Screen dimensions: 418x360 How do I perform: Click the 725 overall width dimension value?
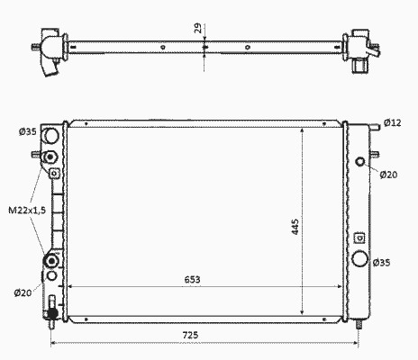(x=190, y=335)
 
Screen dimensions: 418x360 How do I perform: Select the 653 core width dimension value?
(x=192, y=280)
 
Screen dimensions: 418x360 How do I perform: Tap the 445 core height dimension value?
(x=295, y=227)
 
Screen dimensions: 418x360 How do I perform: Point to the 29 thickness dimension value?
(x=198, y=28)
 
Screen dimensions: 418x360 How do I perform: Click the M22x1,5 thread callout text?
(x=27, y=210)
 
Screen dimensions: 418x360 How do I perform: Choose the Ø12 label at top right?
(x=393, y=122)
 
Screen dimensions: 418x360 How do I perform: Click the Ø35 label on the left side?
(x=28, y=131)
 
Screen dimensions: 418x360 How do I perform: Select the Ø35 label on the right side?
(x=381, y=263)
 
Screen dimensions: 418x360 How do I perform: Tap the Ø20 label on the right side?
(x=388, y=175)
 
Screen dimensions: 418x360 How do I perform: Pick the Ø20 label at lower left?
(x=23, y=292)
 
